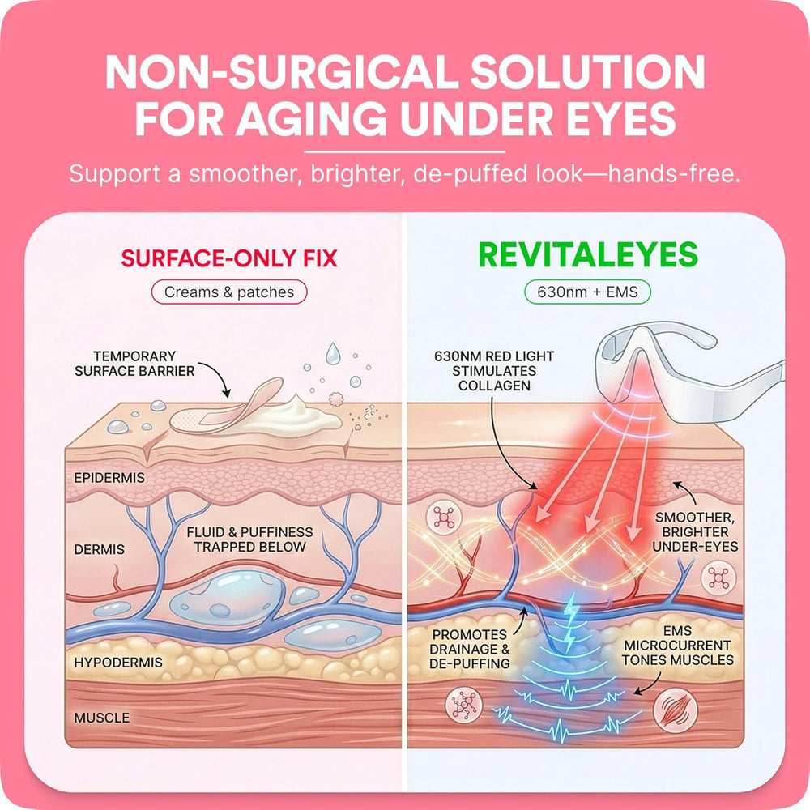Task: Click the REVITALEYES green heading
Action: coord(588,254)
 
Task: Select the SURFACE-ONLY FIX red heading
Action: coord(229,258)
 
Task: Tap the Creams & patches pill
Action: coord(229,292)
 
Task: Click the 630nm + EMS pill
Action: coord(587,292)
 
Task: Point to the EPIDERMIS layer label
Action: coord(109,478)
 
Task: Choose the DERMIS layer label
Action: coord(99,549)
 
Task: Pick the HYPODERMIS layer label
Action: coord(118,663)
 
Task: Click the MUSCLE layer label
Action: coord(102,718)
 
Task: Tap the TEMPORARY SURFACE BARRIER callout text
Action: coord(134,364)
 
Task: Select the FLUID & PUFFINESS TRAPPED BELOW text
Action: coord(250,539)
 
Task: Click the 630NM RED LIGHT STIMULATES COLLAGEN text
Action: coord(494,371)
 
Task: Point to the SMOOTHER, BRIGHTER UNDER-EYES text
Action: coord(695,532)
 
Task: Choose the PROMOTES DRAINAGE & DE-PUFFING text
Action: coord(470,649)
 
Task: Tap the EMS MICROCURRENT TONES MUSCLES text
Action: coord(678,646)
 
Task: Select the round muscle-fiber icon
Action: coord(676,710)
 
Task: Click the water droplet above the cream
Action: coord(333,353)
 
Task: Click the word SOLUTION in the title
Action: coord(587,72)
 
